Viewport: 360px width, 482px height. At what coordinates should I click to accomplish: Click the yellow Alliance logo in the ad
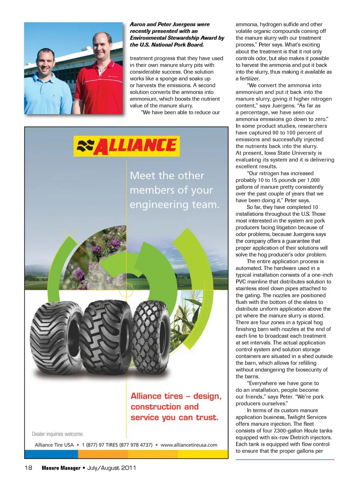[x=126, y=146]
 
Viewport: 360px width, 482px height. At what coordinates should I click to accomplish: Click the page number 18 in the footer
[x=28, y=468]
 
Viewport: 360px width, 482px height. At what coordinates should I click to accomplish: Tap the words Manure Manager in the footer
[x=61, y=468]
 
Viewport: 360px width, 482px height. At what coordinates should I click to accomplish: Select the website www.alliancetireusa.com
[x=189, y=445]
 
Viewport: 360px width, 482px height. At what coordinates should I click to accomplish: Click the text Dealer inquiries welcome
[x=58, y=434]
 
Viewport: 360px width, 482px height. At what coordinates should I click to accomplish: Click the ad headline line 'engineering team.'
[x=174, y=205]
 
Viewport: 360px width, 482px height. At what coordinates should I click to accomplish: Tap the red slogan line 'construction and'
[x=165, y=407]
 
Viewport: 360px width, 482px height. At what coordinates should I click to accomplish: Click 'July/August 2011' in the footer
[x=111, y=468]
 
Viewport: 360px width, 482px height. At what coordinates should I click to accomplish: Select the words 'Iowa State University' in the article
[x=287, y=153]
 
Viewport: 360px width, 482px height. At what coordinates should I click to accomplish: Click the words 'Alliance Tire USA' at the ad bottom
[x=54, y=445]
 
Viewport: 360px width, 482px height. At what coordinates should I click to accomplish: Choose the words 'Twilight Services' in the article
[x=307, y=417]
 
